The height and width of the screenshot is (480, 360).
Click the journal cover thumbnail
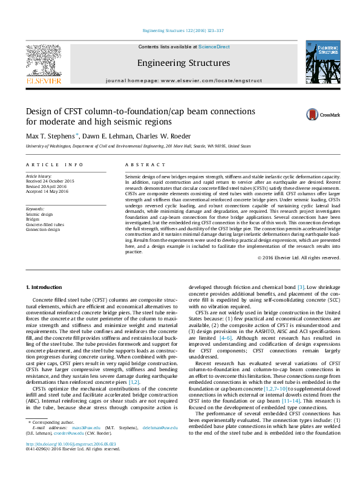pyautogui.click(x=323, y=62)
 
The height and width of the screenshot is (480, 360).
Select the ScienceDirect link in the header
pyautogui.click(x=214, y=47)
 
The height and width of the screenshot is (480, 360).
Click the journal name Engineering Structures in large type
pyautogui.click(x=183, y=63)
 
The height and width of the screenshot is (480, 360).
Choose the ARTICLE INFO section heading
pyautogui.click(x=54, y=164)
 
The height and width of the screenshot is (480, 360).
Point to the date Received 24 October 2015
pyautogui.click(x=50, y=181)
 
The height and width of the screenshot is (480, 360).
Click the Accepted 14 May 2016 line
pyautogui.click(x=47, y=190)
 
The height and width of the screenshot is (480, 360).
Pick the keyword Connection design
pyautogui.click(x=43, y=230)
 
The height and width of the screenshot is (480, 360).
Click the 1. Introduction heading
pyautogui.click(x=45, y=287)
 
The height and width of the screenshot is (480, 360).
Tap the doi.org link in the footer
pyautogui.click(x=63, y=460)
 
